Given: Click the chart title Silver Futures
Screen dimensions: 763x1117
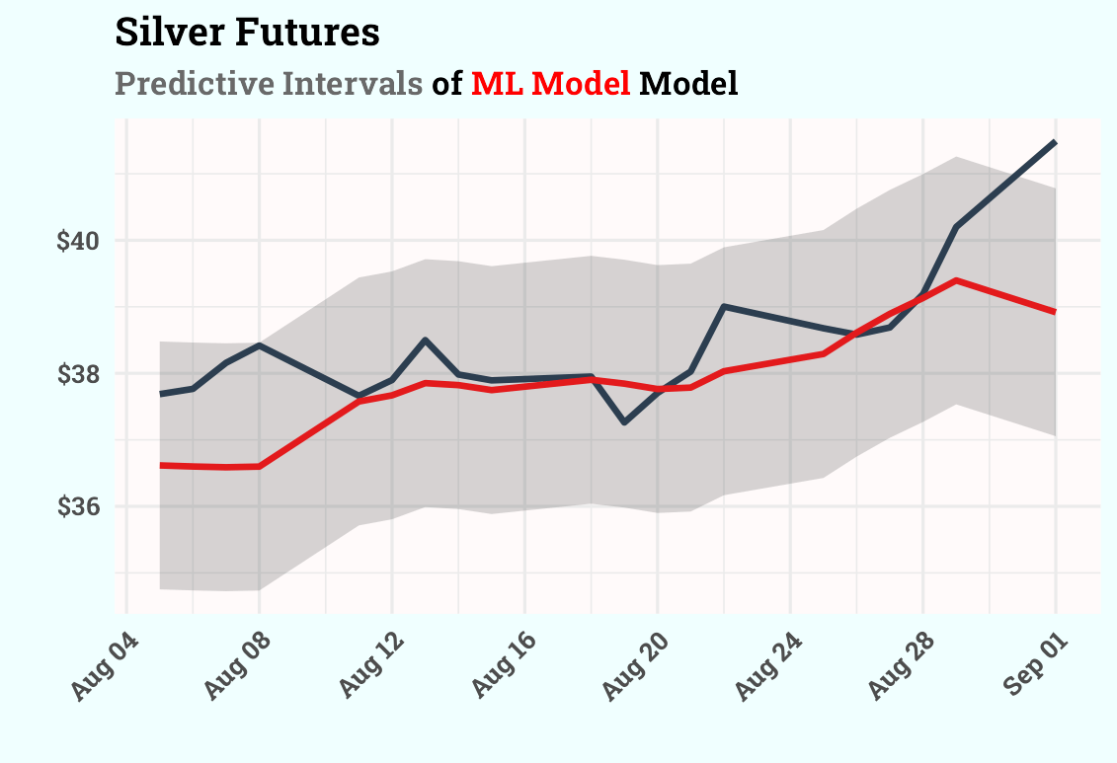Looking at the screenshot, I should pos(247,33).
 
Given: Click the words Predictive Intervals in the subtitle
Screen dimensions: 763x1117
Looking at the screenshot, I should pos(269,84).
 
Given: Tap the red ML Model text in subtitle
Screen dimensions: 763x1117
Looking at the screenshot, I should pos(550,84).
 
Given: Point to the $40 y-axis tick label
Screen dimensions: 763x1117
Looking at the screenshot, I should pos(79,241).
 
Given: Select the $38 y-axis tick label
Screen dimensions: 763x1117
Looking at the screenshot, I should pos(79,374).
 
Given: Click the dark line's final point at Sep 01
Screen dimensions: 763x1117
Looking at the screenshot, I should pos(1055,143).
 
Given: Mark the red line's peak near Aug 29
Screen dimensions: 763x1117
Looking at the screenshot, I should pos(956,280).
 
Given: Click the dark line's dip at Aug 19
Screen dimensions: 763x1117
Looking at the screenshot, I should pos(624,422).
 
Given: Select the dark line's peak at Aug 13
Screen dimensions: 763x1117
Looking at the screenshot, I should pos(425,340).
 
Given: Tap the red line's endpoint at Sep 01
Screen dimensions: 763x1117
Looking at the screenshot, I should pos(1055,312).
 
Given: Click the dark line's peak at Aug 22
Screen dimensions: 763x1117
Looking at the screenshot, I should pos(724,306).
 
